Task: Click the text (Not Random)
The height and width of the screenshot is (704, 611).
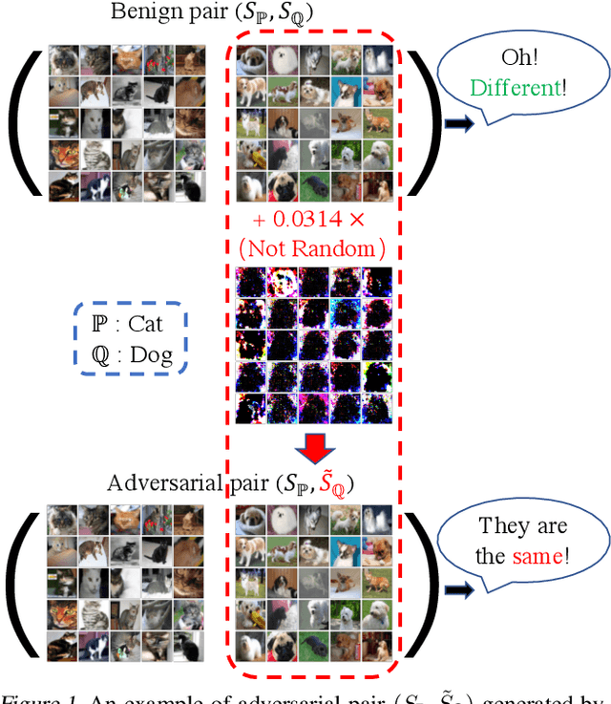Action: (311, 249)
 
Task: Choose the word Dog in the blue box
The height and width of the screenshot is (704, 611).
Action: (150, 355)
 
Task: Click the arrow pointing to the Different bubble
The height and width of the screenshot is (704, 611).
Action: (460, 124)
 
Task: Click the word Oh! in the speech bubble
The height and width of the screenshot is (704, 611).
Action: (523, 59)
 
